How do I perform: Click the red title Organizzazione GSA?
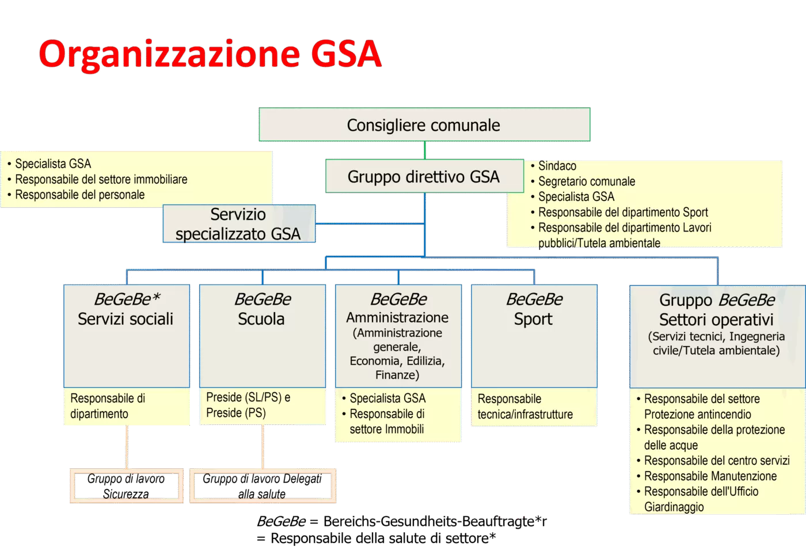pos(210,54)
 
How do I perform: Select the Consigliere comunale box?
pos(424,124)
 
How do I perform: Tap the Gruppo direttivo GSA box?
pos(424,176)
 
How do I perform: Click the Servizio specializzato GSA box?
pos(238,223)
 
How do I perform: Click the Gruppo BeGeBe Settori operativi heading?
pos(717,310)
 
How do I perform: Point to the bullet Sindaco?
pos(557,166)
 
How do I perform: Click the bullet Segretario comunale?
pos(586,181)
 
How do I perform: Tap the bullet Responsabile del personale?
pos(79,195)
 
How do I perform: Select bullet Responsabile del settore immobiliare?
pos(101,179)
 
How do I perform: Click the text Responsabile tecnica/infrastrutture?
pos(524,407)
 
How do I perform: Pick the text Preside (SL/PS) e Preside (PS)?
pos(248,405)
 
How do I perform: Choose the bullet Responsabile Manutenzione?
pos(710,476)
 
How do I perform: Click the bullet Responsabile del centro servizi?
pos(716,461)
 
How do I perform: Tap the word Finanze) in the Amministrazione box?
pos(397,375)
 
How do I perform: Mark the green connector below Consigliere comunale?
pos(425,150)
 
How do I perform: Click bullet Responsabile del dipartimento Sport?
pos(622,212)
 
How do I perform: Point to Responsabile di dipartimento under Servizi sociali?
pos(108,406)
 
